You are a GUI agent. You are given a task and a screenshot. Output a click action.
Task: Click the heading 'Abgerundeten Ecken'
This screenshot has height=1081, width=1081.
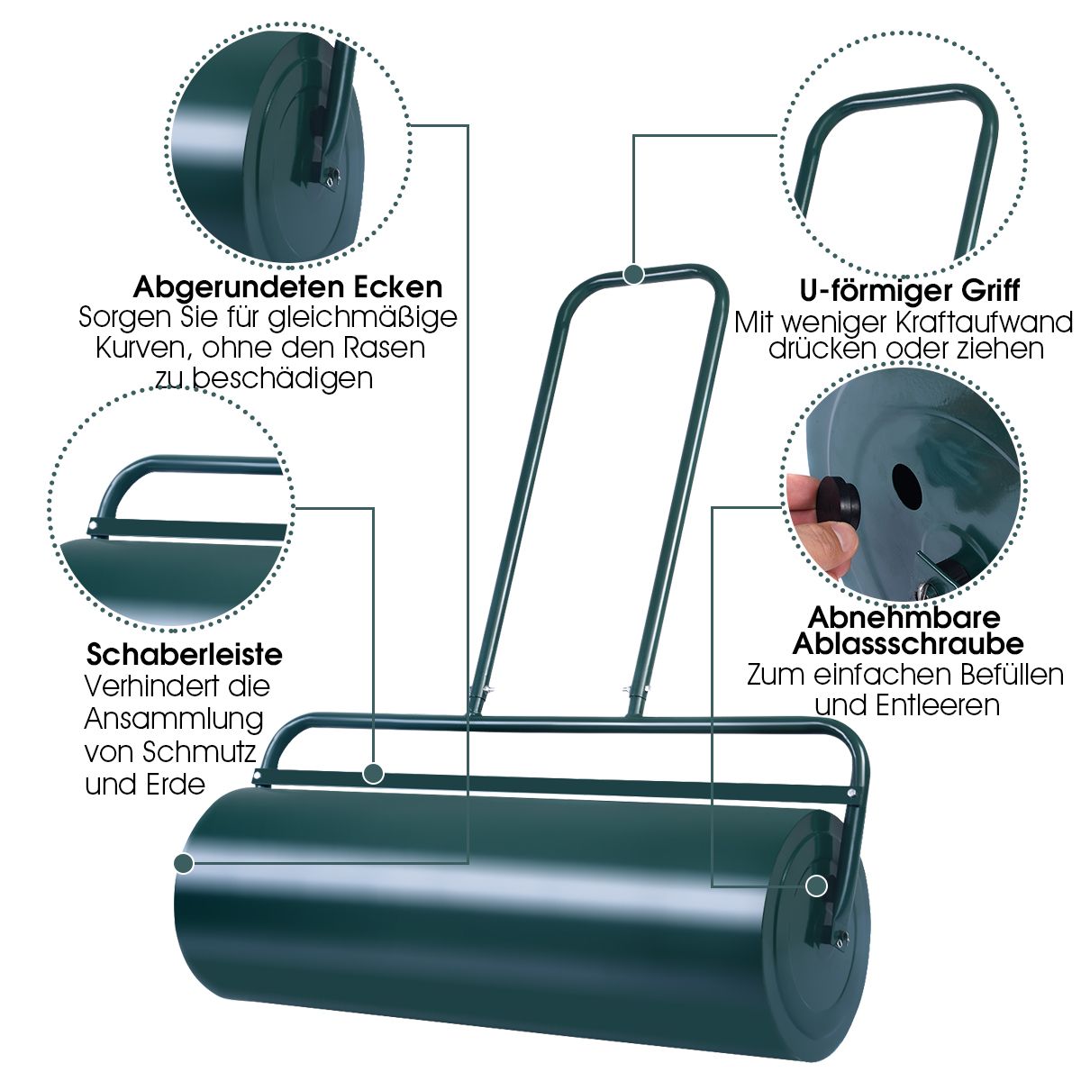click(x=288, y=287)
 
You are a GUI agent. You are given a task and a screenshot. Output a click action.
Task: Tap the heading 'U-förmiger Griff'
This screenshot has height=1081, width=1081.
click(x=910, y=291)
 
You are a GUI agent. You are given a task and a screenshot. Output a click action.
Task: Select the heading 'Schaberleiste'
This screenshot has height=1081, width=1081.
click(x=185, y=653)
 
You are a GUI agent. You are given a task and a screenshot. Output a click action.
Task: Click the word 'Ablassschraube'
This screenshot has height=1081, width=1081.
click(x=908, y=644)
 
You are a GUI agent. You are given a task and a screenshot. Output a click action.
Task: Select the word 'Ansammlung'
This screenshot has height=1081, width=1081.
click(x=174, y=719)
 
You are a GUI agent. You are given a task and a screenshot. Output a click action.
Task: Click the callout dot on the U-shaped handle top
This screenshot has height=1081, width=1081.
click(x=634, y=274)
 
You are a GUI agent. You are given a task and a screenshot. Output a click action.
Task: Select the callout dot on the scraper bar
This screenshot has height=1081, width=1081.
click(x=374, y=773)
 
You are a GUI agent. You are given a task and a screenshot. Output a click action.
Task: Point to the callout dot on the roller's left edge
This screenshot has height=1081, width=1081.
click(x=184, y=863)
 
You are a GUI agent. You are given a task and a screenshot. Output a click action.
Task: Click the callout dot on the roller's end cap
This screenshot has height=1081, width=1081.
click(x=817, y=886)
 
